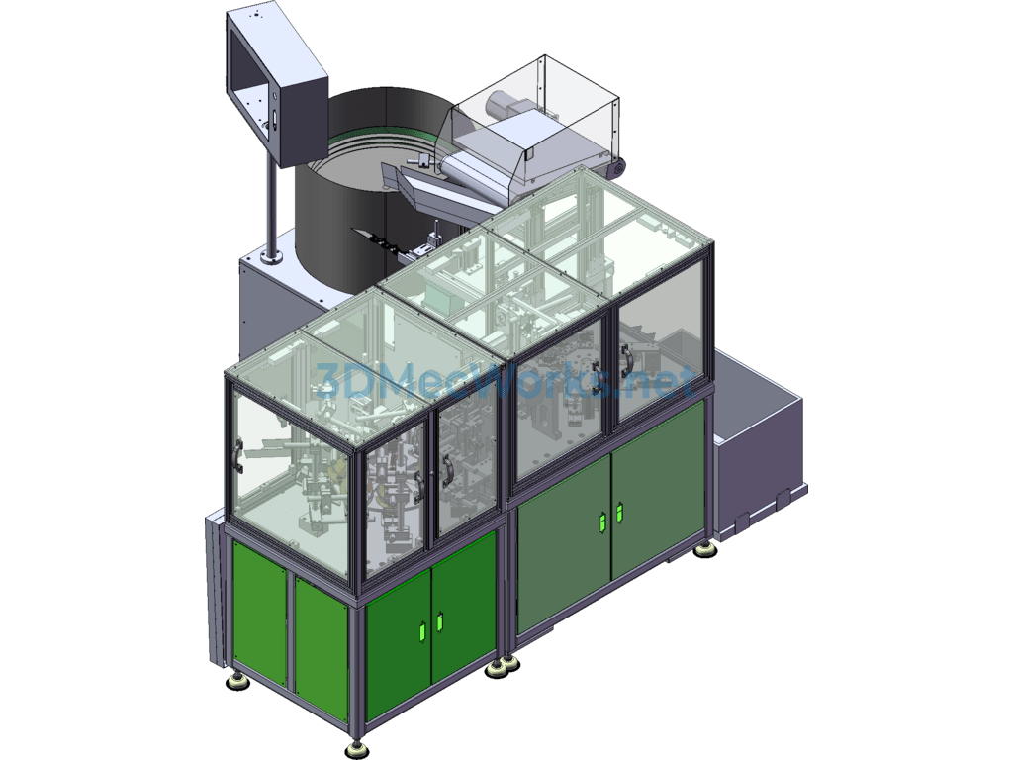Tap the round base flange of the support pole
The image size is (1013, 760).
tap(271, 258)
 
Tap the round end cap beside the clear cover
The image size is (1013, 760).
tap(618, 168)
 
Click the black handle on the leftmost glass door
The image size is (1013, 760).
tap(238, 457)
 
